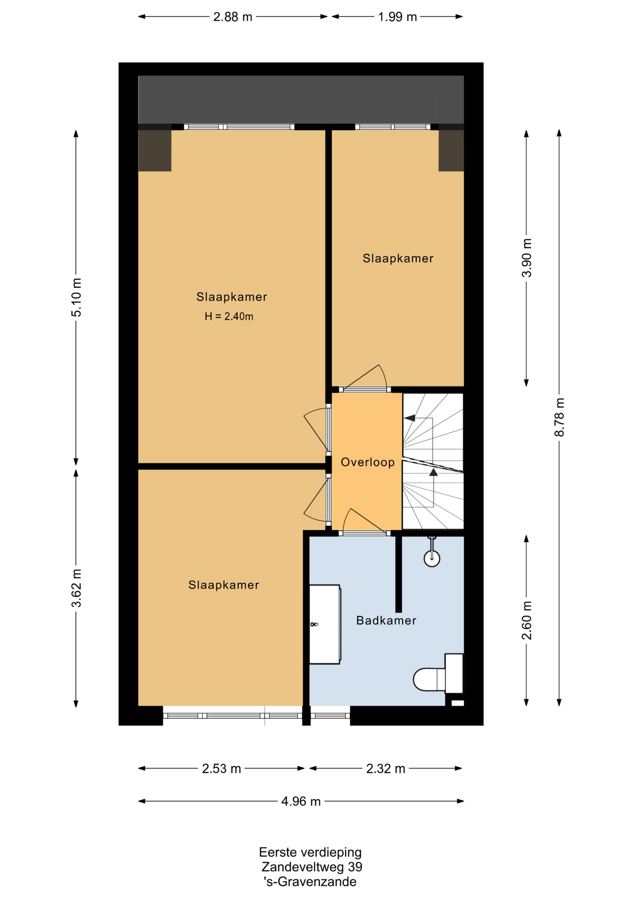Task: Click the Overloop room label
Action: pyautogui.click(x=368, y=463)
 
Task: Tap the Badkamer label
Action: pyautogui.click(x=386, y=621)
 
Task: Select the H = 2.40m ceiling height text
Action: pyautogui.click(x=229, y=317)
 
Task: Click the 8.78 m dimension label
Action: pyautogui.click(x=559, y=417)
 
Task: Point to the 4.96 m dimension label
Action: pyautogui.click(x=301, y=802)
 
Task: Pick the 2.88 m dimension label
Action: pyautogui.click(x=233, y=17)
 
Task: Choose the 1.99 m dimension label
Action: pyautogui.click(x=397, y=17)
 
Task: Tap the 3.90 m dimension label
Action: pyautogui.click(x=527, y=258)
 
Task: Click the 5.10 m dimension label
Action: pyautogui.click(x=76, y=297)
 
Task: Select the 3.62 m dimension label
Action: pyautogui.click(x=76, y=588)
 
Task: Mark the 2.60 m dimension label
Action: pyautogui.click(x=527, y=621)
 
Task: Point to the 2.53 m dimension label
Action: pyautogui.click(x=222, y=769)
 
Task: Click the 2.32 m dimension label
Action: pyautogui.click(x=386, y=769)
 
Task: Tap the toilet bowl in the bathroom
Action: pyautogui.click(x=429, y=679)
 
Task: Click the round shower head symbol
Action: pyautogui.click(x=432, y=558)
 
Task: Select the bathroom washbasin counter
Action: pyautogui.click(x=325, y=624)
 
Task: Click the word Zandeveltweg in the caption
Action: pyautogui.click(x=303, y=867)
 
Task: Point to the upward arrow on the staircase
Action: pyautogui.click(x=433, y=472)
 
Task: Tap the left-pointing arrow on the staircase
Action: pyautogui.click(x=410, y=418)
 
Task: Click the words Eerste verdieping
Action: pyautogui.click(x=310, y=852)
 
